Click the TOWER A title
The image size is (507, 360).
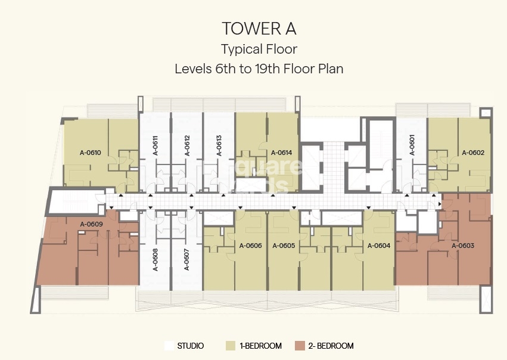coord(259,28)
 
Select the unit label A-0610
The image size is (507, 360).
coord(91,153)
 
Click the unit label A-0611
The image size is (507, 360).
coord(155,146)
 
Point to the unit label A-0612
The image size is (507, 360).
coord(187,146)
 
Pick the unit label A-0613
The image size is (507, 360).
coord(219,146)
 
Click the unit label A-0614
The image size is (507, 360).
coord(281,153)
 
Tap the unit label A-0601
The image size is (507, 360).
coord(412,146)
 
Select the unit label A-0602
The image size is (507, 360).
coord(473,153)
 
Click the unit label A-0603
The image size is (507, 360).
coord(462,246)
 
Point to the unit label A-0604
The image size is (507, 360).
coord(379,246)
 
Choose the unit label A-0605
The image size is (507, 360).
coord(284,246)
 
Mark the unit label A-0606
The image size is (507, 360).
coord(251,246)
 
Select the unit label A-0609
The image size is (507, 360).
coord(92,224)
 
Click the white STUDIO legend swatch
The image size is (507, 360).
coord(169,346)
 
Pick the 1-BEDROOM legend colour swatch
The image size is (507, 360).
coord(230,346)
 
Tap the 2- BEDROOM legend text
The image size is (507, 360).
coord(331,346)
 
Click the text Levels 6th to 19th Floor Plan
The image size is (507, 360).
coord(259,69)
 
